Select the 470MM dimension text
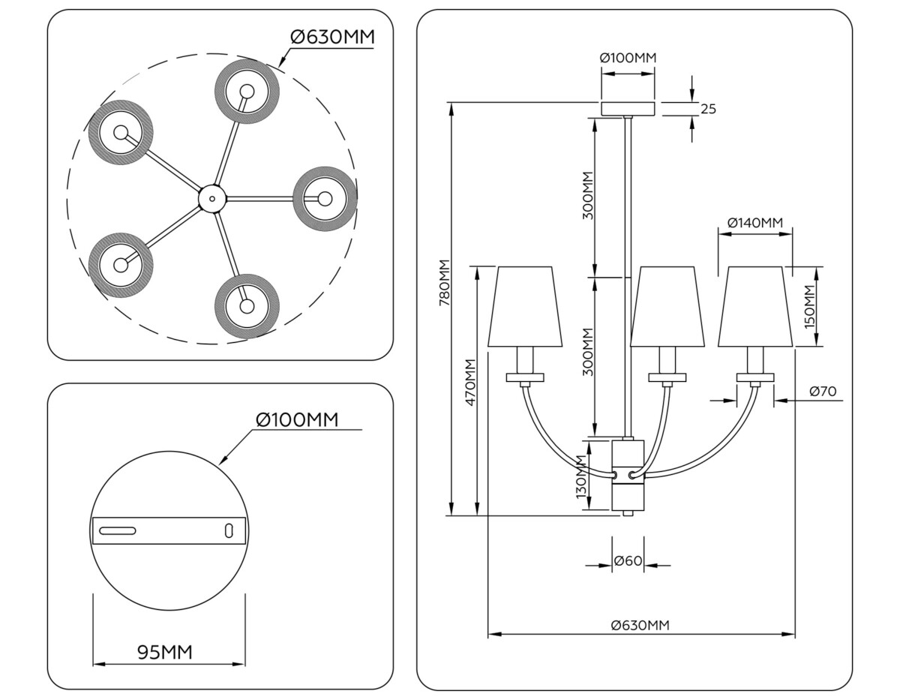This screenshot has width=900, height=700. click(x=469, y=383)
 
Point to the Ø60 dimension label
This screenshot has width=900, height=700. click(x=628, y=561)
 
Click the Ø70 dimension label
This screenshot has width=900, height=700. click(x=823, y=391)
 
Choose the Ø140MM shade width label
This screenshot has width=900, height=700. click(x=754, y=223)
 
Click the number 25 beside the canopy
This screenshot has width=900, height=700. click(x=708, y=109)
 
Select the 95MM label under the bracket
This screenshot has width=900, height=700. click(x=165, y=652)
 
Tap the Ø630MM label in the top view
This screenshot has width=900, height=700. click(x=331, y=37)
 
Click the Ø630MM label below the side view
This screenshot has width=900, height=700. click(x=640, y=625)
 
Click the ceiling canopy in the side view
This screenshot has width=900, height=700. click(x=628, y=108)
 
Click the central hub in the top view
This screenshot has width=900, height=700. click(x=211, y=199)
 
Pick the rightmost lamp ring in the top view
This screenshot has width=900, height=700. click(x=324, y=199)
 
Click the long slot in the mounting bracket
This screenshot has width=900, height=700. click(x=117, y=530)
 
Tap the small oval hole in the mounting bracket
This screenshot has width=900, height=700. click(x=229, y=530)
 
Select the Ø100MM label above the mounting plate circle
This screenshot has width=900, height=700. click(x=296, y=419)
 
